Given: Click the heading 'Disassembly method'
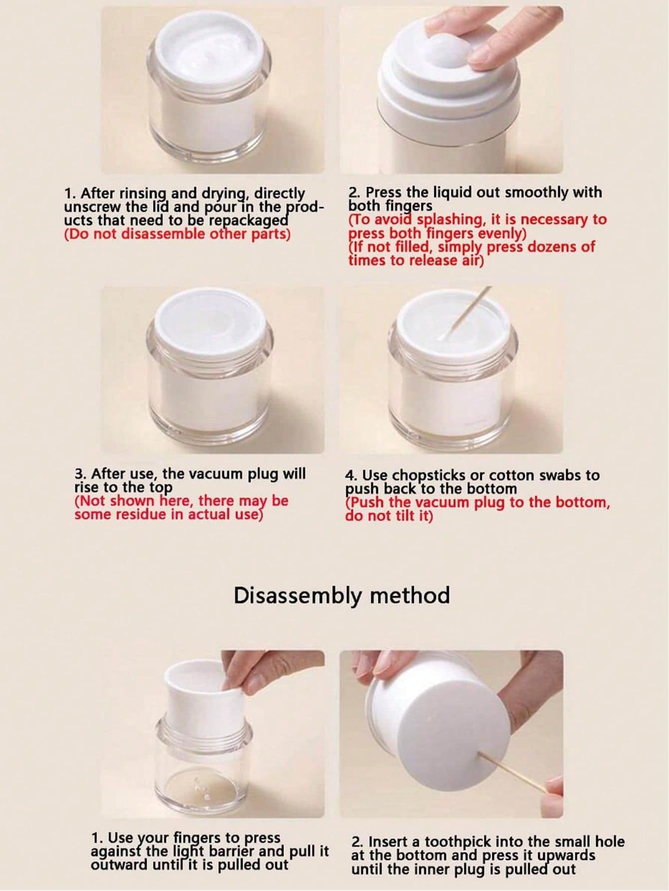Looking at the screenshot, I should click(x=341, y=595).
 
